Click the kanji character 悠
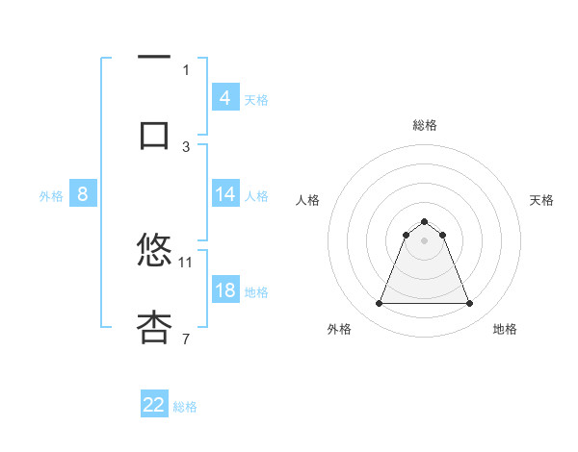154,249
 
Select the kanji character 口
154,134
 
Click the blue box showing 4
224,97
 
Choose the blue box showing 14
224,194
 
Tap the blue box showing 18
224,290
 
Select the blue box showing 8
82,194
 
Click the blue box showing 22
154,405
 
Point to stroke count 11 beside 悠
186,261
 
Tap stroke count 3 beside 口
186,146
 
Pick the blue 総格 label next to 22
185,407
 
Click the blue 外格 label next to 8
51,196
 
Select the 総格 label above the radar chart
425,125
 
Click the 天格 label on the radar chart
542,200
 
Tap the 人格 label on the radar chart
308,200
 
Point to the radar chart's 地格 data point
470,304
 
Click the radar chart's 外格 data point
379,304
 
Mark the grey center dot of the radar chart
425,240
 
